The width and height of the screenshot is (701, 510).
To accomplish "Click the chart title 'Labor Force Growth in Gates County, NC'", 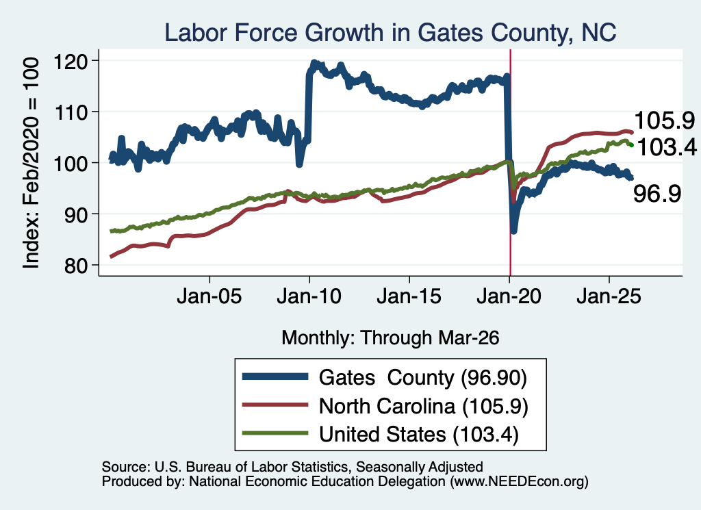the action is pyautogui.click(x=390, y=33).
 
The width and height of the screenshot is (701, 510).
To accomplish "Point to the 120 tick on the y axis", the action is pyautogui.click(x=71, y=61).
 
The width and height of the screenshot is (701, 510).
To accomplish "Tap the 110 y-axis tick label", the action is pyautogui.click(x=71, y=112).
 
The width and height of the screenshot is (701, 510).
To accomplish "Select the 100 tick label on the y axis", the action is pyautogui.click(x=71, y=163).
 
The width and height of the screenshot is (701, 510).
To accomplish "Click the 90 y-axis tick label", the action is pyautogui.click(x=76, y=214).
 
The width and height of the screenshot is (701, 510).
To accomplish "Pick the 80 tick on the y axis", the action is pyautogui.click(x=76, y=266).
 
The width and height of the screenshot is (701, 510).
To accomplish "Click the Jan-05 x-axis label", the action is pyautogui.click(x=209, y=296).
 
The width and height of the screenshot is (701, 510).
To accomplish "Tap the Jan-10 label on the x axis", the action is pyautogui.click(x=309, y=296).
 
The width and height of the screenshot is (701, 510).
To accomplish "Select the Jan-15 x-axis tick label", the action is pyautogui.click(x=409, y=296).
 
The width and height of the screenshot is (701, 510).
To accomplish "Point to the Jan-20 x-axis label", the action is pyautogui.click(x=509, y=296).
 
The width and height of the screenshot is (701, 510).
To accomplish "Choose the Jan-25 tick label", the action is pyautogui.click(x=609, y=296).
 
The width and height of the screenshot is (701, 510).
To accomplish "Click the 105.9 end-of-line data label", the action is pyautogui.click(x=664, y=120).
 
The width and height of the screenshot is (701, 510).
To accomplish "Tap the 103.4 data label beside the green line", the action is pyautogui.click(x=667, y=146).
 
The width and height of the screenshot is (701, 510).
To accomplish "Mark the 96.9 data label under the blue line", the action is pyautogui.click(x=657, y=194).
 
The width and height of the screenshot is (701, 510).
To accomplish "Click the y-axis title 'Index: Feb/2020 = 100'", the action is pyautogui.click(x=31, y=163).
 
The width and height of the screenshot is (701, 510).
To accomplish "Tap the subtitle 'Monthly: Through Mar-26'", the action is pyautogui.click(x=390, y=337).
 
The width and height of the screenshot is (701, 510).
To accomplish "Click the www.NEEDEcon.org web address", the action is pyautogui.click(x=519, y=481).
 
